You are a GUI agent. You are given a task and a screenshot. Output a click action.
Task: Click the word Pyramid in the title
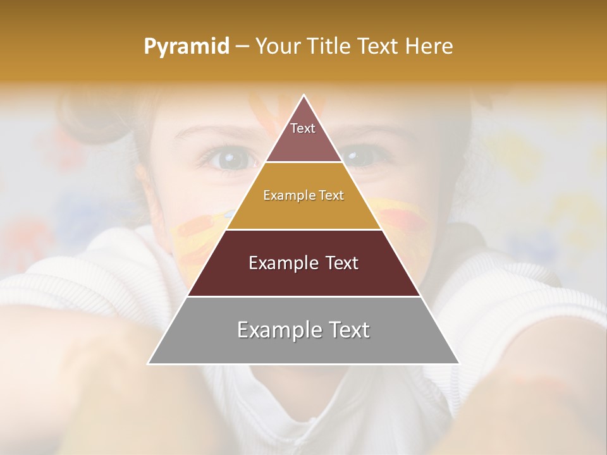click(x=187, y=47)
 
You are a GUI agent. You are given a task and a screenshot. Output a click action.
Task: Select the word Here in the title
click(x=429, y=47)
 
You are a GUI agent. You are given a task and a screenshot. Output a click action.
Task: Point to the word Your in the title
click(x=278, y=47)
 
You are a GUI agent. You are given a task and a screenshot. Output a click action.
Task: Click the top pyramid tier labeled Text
click(x=303, y=136)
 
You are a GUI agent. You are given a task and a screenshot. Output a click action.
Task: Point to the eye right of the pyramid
click(x=359, y=156)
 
